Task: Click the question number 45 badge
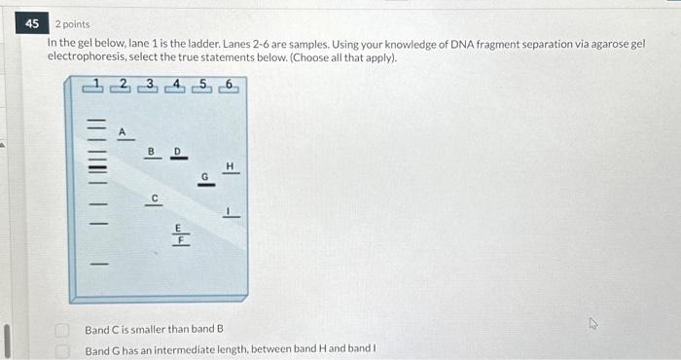click(34, 23)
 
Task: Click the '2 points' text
click(72, 24)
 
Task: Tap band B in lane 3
click(151, 159)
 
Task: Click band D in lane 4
click(177, 160)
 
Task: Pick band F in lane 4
click(178, 246)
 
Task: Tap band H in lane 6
click(231, 174)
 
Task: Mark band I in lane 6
click(231, 216)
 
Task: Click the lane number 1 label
click(95, 85)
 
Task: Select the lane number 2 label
click(123, 85)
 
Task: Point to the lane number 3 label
click(150, 85)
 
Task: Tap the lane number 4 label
click(177, 85)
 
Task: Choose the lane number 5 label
click(202, 85)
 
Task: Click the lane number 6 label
click(229, 85)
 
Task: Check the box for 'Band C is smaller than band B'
click(62, 331)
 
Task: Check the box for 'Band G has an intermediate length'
click(62, 349)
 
